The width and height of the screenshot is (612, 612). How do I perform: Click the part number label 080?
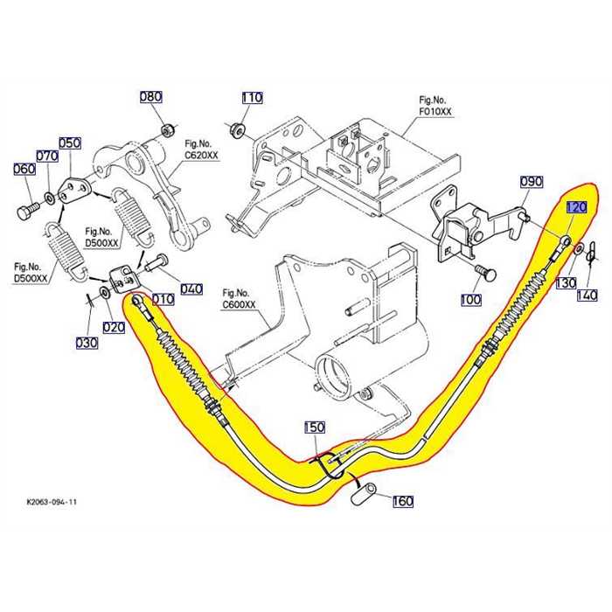click(151, 96)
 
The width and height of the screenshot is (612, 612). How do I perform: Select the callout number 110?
click(252, 98)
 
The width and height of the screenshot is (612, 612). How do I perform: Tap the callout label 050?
click(69, 143)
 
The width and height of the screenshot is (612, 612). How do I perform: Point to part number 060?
click(24, 169)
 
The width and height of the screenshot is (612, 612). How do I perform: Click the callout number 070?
click(46, 156)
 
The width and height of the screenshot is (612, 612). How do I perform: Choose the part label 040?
click(191, 289)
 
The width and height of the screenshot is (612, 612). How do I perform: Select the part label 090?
click(532, 182)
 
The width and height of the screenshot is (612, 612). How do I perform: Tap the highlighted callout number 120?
click(577, 208)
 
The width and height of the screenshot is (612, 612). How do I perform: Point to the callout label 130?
click(567, 283)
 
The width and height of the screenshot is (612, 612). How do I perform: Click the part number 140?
click(588, 296)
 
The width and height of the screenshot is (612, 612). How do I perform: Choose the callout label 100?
click(470, 300)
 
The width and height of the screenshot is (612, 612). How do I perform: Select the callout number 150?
click(315, 428)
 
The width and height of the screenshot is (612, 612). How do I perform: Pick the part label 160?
click(402, 501)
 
